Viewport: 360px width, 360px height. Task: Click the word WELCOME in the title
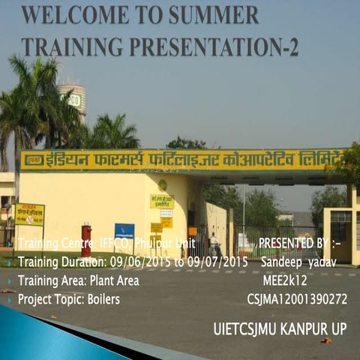(x=68, y=15)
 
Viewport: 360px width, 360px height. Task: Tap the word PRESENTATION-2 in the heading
(x=218, y=46)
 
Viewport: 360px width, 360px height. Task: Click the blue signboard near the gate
(x=124, y=232)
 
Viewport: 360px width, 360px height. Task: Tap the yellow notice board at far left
(x=29, y=214)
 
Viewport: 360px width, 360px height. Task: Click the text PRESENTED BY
(x=293, y=244)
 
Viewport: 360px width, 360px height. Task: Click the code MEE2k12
(x=285, y=280)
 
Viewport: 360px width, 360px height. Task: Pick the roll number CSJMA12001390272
(x=297, y=299)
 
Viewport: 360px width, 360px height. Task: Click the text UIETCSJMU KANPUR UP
(x=280, y=328)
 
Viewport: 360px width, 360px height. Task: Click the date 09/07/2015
(x=217, y=262)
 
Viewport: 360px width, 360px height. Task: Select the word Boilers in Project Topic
(x=103, y=299)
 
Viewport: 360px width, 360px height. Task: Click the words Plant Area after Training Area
(x=114, y=280)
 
